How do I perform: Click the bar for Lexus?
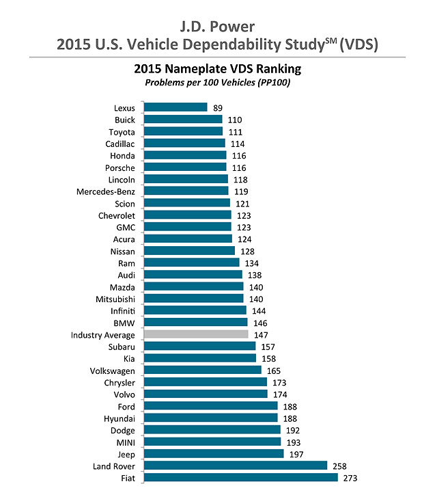point(175,107)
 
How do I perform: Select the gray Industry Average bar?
point(196,334)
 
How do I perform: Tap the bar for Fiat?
point(240,477)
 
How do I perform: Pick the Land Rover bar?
point(236,466)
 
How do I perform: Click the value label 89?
point(218,107)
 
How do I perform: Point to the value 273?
point(350,477)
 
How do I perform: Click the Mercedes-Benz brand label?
point(105,191)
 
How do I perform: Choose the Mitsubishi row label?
point(115,299)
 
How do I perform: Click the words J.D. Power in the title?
point(218,27)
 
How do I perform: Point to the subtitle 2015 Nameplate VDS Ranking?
point(218,69)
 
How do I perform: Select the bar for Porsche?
point(185,167)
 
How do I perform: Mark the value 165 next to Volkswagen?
point(274,370)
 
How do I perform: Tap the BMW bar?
point(195,322)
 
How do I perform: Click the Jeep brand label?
point(124,453)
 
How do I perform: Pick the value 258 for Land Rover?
point(340,466)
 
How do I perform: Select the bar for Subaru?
point(200,346)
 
